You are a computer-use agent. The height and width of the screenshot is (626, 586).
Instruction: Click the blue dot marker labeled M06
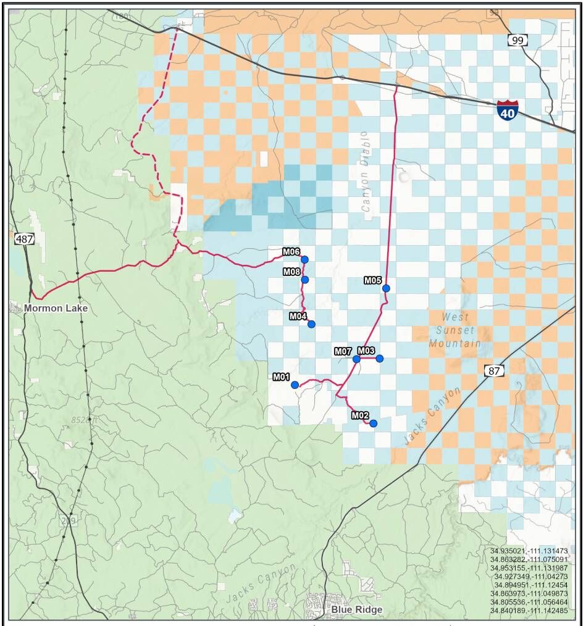pyautogui.click(x=304, y=259)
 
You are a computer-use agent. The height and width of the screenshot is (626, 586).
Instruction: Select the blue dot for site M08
pyautogui.click(x=304, y=280)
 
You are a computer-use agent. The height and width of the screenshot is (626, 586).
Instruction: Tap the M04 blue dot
pyautogui.click(x=311, y=324)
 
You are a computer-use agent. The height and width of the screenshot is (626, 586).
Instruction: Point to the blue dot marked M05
pyautogui.click(x=386, y=288)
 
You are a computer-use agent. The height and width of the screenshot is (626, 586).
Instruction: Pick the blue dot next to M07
pyautogui.click(x=356, y=359)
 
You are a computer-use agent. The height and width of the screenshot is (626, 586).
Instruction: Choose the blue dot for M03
pyautogui.click(x=380, y=359)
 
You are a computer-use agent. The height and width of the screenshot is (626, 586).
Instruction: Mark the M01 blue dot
pyautogui.click(x=295, y=385)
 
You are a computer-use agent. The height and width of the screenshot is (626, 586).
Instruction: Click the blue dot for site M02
pyautogui.click(x=373, y=423)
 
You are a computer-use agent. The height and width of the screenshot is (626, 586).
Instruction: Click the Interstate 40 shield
pyautogui.click(x=507, y=110)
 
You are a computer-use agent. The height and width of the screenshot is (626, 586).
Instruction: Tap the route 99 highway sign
pyautogui.click(x=517, y=40)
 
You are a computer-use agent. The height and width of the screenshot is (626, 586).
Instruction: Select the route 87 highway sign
pyautogui.click(x=493, y=370)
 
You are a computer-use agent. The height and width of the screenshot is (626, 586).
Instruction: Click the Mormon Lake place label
pyautogui.click(x=56, y=308)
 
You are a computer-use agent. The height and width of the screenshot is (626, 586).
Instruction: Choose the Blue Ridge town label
pyautogui.click(x=356, y=609)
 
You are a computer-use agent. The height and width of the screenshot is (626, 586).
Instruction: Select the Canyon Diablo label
pyautogui.click(x=365, y=172)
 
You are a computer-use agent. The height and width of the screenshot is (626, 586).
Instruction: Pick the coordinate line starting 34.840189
pyautogui.click(x=529, y=610)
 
